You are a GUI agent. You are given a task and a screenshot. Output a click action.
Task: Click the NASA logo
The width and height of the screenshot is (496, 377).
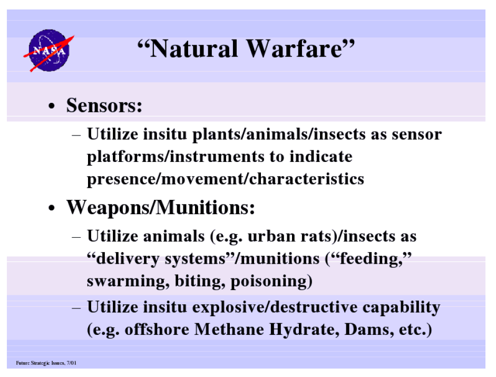tap(49, 51)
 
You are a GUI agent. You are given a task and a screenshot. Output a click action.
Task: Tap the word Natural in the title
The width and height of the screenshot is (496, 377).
tap(193, 49)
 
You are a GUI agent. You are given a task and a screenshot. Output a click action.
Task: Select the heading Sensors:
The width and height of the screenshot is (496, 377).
tap(104, 105)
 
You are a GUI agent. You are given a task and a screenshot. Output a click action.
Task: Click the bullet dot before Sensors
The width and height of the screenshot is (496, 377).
tap(52, 107)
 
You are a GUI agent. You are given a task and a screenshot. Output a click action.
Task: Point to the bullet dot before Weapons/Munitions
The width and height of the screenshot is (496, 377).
tap(52, 209)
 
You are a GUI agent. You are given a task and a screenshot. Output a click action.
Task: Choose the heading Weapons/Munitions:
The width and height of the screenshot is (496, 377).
tap(160, 207)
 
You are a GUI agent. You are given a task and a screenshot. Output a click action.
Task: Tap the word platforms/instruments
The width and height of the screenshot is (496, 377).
tap(176, 157)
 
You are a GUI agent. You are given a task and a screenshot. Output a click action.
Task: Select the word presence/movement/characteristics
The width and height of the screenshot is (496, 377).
tap(226, 179)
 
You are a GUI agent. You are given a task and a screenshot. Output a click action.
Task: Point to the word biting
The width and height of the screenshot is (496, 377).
tap(200, 281)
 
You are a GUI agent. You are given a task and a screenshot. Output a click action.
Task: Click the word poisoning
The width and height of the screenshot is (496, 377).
tap(269, 281)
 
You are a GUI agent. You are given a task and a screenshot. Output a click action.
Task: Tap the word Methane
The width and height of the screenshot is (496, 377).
tap(229, 329)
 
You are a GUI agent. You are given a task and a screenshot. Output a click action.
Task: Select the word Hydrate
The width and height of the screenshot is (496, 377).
tap(304, 330)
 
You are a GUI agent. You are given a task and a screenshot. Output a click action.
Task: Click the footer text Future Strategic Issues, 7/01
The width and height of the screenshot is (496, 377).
tap(46, 363)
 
